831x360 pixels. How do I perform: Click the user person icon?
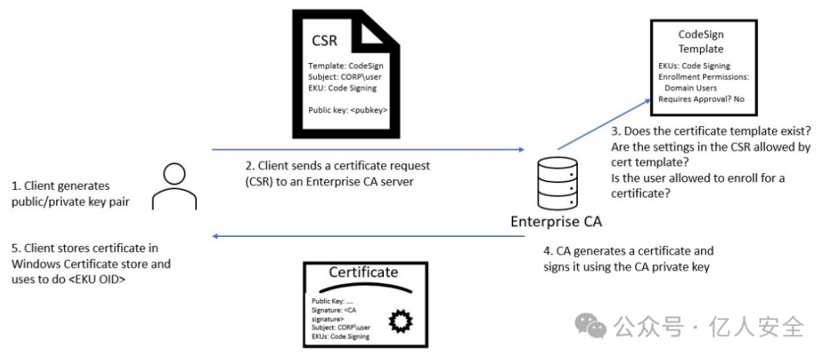[x=175, y=186]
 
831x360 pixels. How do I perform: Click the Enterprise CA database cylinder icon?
[x=556, y=183]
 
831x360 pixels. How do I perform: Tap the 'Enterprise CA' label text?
[x=556, y=221]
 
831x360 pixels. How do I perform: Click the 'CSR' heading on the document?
[x=325, y=42]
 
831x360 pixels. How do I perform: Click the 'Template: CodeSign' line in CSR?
[x=345, y=66]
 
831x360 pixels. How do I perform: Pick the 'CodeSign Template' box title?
[x=701, y=42]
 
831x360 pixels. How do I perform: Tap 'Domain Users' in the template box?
[x=690, y=88]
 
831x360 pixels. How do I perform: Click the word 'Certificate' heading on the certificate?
[x=363, y=272]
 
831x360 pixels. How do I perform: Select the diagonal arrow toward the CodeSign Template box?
[x=604, y=124]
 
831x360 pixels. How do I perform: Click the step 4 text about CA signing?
[x=629, y=258]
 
